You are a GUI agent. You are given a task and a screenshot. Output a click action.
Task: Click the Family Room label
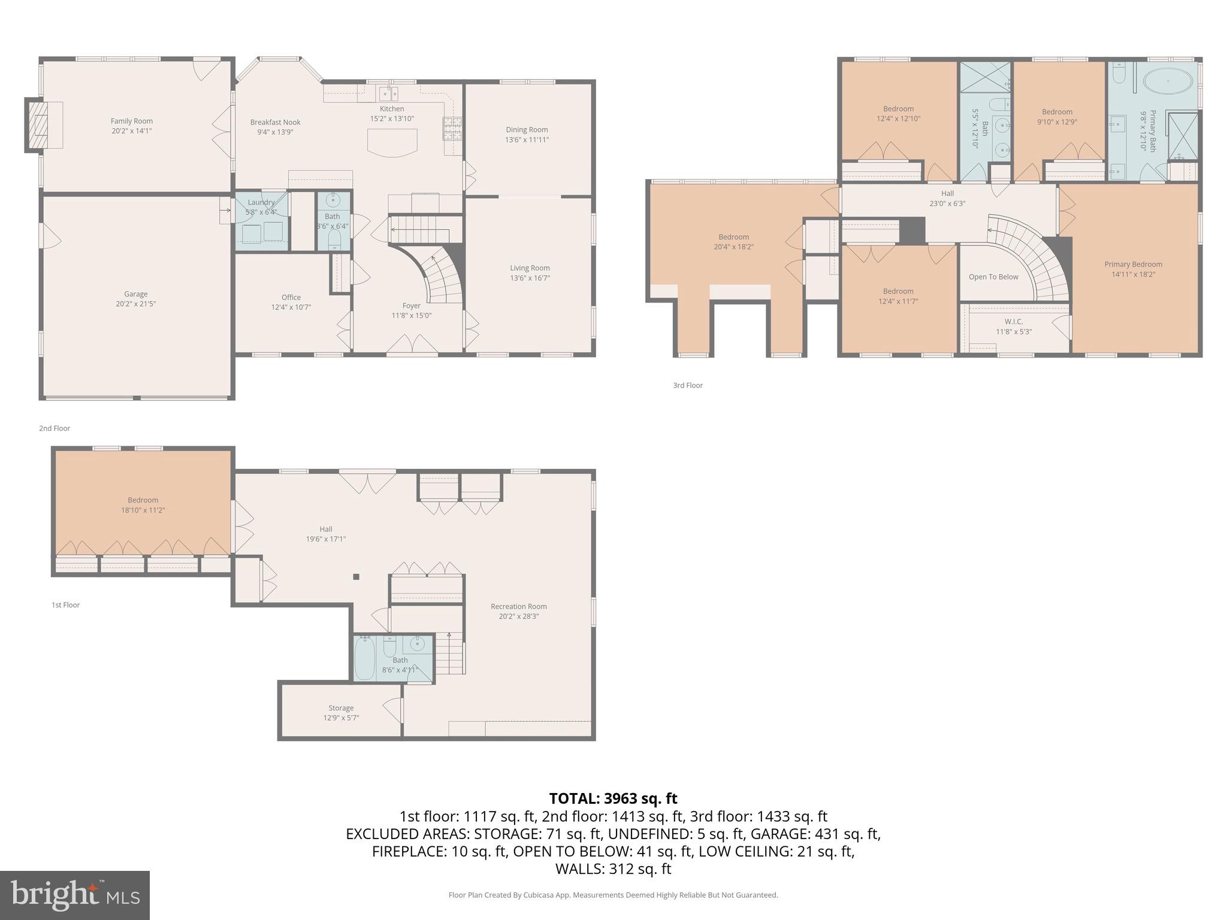[131, 121]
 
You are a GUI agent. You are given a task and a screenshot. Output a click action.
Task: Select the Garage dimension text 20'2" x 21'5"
[135, 304]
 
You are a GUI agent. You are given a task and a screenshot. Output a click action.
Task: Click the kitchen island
[392, 144]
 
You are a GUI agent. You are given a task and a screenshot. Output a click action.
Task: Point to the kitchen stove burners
[453, 128]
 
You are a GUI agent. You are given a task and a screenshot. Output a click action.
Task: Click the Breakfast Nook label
[275, 122]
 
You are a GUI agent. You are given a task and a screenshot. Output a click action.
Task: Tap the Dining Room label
[527, 129]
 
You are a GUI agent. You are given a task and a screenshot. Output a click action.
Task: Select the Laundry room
[261, 220]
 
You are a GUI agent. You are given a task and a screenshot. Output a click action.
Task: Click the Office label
[291, 297]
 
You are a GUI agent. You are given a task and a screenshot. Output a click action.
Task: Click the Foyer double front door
[412, 345]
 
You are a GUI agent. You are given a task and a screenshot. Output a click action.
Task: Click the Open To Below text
[993, 277]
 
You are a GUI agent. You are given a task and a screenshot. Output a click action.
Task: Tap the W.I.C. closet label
[1014, 322]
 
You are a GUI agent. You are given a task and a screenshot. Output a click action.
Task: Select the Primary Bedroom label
[1133, 264]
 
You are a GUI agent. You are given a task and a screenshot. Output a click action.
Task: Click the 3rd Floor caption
[687, 385]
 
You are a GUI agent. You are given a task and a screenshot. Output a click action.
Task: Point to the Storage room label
[341, 708]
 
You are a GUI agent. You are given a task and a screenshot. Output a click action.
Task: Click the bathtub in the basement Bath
[364, 659]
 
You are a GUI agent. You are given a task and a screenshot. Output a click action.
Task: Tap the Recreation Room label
[518, 606]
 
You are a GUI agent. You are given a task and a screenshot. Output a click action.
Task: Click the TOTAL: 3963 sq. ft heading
[613, 798]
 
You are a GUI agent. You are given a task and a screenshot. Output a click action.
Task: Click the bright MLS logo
[75, 895]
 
